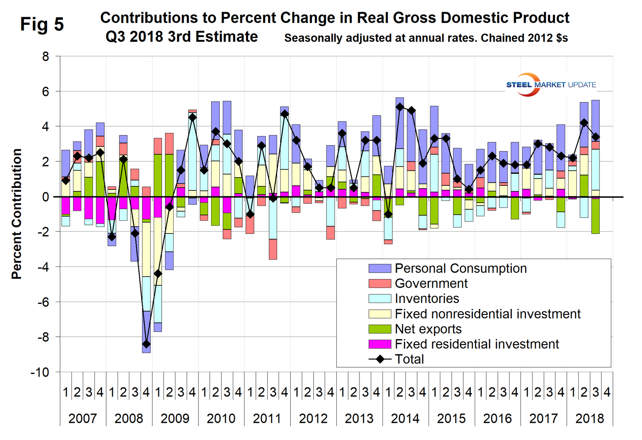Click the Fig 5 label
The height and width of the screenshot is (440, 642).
42,24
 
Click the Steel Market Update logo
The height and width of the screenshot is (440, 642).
551,85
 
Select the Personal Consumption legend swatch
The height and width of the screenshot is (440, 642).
379,268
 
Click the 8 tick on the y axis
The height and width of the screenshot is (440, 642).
46,57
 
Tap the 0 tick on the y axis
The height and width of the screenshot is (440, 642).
46,197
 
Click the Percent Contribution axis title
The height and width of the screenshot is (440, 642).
17,214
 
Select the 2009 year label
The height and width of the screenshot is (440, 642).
175,418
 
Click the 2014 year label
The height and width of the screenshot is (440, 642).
405,418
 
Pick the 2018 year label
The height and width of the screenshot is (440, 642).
590,418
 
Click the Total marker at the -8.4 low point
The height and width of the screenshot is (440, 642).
146,344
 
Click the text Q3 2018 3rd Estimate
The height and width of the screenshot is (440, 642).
181,37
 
